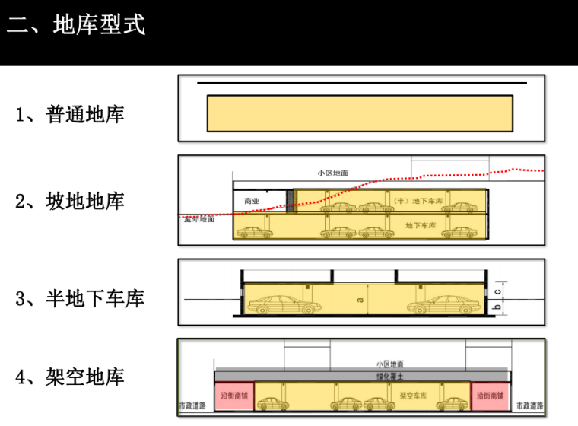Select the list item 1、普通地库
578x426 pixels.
[x=70, y=115]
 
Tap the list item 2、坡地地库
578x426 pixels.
[x=70, y=202]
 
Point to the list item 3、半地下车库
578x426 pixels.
[x=80, y=298]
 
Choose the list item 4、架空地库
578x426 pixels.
[x=70, y=377]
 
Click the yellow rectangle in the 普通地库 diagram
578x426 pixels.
[x=360, y=113]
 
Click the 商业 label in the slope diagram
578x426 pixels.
[x=252, y=202]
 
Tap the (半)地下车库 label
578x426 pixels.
[x=411, y=201]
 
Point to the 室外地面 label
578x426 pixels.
[x=199, y=220]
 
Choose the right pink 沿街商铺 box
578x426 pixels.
[x=490, y=396]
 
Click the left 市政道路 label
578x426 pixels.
[x=192, y=405]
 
